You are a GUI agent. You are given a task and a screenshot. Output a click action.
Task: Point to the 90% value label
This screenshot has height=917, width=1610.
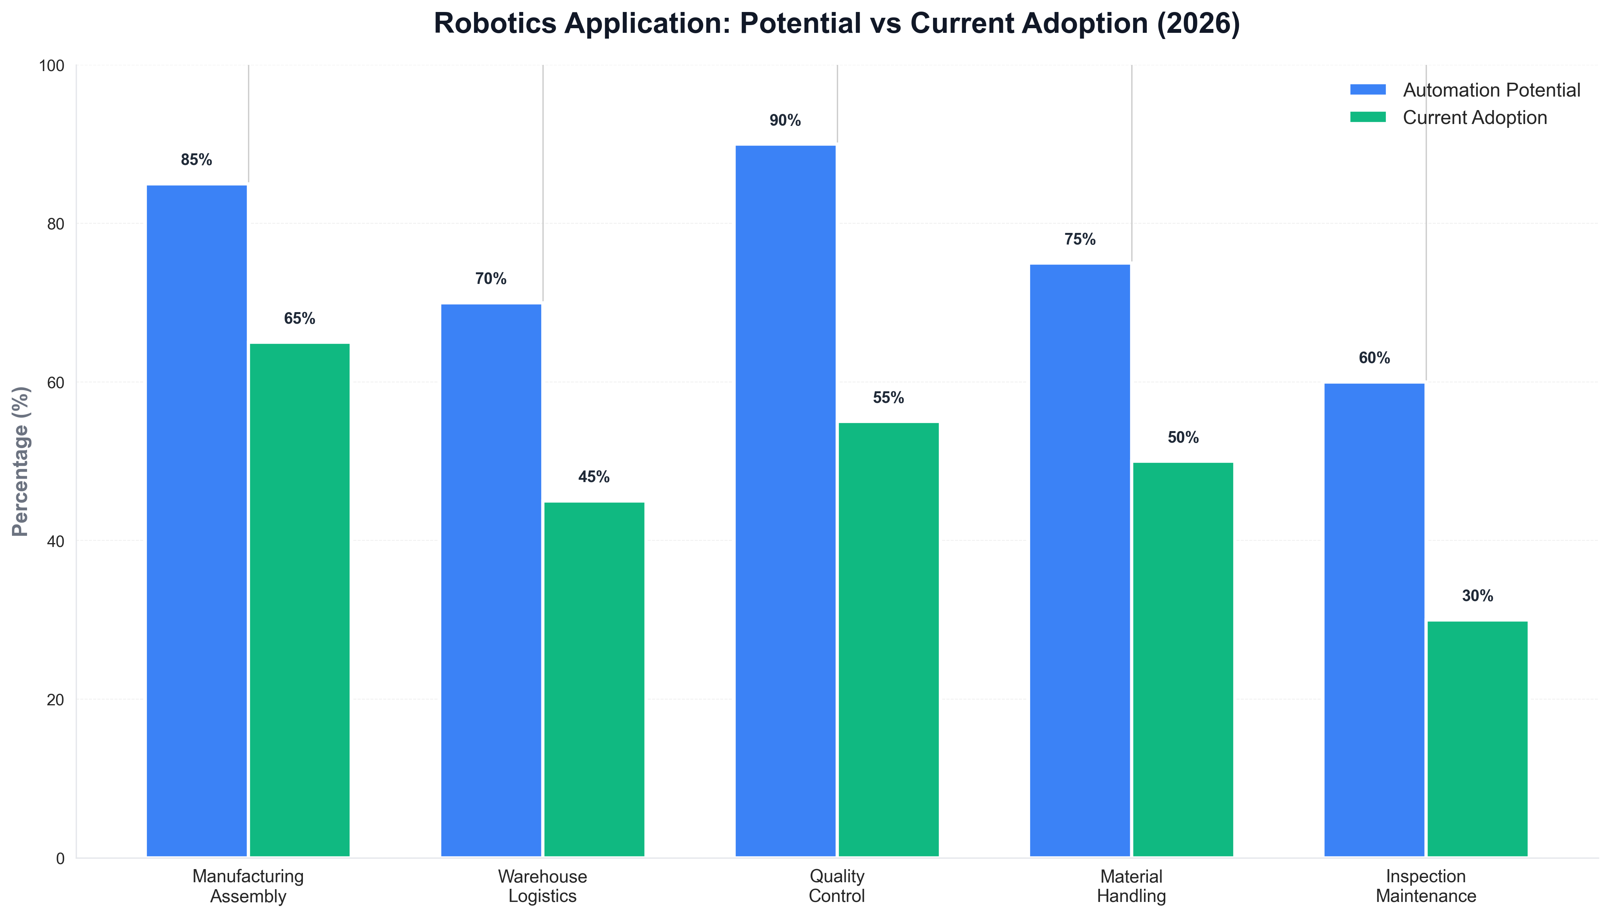pyautogui.click(x=785, y=120)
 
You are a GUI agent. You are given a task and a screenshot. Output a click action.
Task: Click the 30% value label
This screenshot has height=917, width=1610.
pyautogui.click(x=1477, y=596)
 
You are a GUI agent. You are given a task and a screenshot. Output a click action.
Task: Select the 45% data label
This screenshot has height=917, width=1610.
pyautogui.click(x=594, y=477)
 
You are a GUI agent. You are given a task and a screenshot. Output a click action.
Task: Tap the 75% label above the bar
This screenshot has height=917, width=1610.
pyautogui.click(x=1080, y=239)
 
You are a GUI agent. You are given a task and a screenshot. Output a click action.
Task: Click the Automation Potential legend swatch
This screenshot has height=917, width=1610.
pyautogui.click(x=1367, y=90)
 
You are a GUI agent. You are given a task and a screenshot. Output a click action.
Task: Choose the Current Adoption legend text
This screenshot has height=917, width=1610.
pyautogui.click(x=1474, y=118)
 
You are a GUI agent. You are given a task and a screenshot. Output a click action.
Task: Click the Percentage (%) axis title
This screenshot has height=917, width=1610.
pyautogui.click(x=21, y=461)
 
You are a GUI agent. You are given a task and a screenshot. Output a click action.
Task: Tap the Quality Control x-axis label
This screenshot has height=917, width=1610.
pyautogui.click(x=836, y=886)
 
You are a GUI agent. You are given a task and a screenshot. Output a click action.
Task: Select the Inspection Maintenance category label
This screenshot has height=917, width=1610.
pyautogui.click(x=1425, y=886)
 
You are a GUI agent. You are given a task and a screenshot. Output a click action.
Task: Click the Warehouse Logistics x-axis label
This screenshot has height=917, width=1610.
pyautogui.click(x=542, y=886)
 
